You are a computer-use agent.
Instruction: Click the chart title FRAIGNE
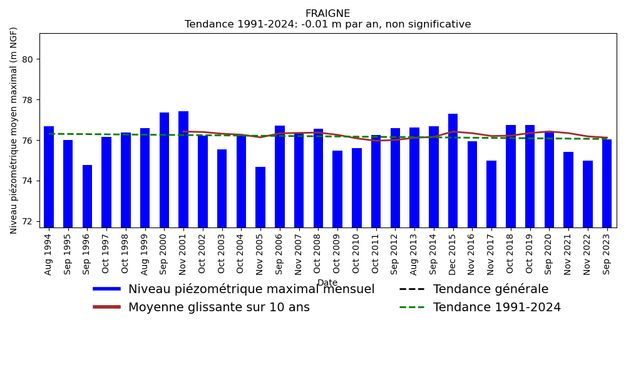pyautogui.click(x=327, y=14)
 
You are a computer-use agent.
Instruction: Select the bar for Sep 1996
pyautogui.click(x=87, y=196)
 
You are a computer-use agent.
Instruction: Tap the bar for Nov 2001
pyautogui.click(x=183, y=169)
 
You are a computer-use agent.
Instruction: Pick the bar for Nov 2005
pyautogui.click(x=260, y=197)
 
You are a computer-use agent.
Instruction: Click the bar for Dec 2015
pyautogui.click(x=453, y=170)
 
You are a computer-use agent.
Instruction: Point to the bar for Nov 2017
pyautogui.click(x=491, y=194)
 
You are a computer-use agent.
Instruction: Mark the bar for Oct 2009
pyautogui.click(x=337, y=189)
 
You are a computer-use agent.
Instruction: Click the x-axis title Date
pyautogui.click(x=327, y=283)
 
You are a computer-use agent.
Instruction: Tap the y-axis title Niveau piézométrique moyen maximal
pyautogui.click(x=14, y=130)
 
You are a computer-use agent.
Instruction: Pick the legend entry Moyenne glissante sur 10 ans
pyautogui.click(x=218, y=307)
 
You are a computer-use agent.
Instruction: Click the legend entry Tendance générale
pyautogui.click(x=490, y=289)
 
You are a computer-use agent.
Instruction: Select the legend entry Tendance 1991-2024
pyautogui.click(x=496, y=307)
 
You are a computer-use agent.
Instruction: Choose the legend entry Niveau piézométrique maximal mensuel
pyautogui.click(x=251, y=289)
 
